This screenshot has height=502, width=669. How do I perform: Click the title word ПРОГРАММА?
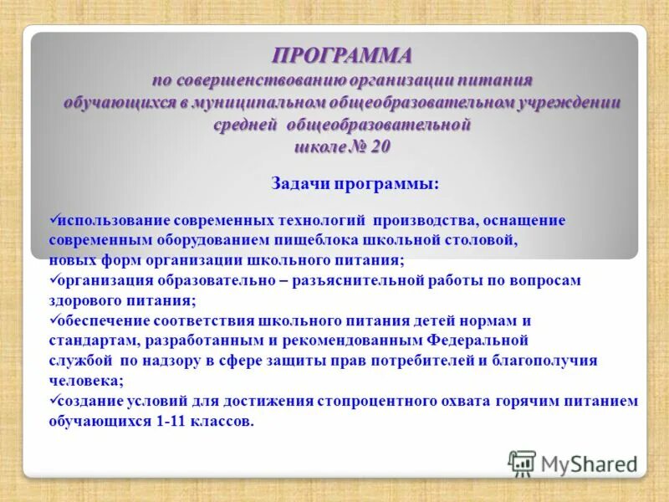click(342, 56)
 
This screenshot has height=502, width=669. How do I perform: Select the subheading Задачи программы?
click(355, 183)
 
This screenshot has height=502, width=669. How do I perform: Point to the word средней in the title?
click(246, 124)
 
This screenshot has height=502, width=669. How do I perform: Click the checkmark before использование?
click(54, 219)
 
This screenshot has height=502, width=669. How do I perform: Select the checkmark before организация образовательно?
click(54, 279)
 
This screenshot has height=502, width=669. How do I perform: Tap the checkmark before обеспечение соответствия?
click(54, 320)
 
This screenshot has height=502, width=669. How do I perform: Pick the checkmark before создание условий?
click(54, 400)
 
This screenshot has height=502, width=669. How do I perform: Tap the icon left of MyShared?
click(522, 463)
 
